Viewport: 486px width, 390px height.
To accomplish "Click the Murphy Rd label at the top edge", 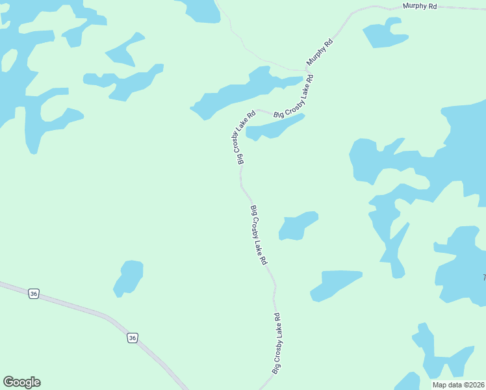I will click(420, 6).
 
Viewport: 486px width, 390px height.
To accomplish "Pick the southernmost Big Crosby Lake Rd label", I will click(277, 343).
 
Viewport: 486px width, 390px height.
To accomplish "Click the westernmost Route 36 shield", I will click(34, 294).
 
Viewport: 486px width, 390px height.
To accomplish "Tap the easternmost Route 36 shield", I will click(133, 338).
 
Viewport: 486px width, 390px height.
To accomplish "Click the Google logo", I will click(21, 382).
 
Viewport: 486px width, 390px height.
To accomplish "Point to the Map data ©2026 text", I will click(458, 385).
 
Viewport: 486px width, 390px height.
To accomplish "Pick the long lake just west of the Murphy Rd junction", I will click(247, 92).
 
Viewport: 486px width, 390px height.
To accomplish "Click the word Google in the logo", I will click(21, 382).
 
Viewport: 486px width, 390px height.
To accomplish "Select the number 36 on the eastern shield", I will click(133, 338).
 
